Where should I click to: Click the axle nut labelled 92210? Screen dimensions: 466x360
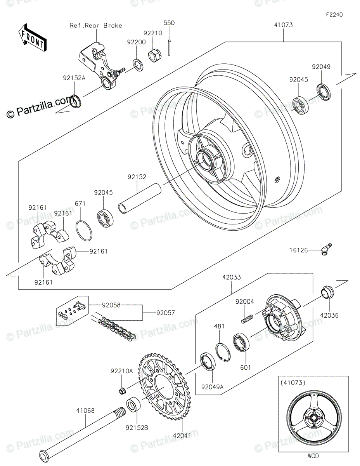click(x=154, y=56)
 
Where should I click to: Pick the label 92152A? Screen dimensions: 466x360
click(x=74, y=77)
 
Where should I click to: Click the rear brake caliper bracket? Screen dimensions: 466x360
click(x=97, y=64)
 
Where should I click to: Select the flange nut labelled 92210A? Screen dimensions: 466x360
click(x=121, y=390)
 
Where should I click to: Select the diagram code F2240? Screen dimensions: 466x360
click(x=334, y=15)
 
